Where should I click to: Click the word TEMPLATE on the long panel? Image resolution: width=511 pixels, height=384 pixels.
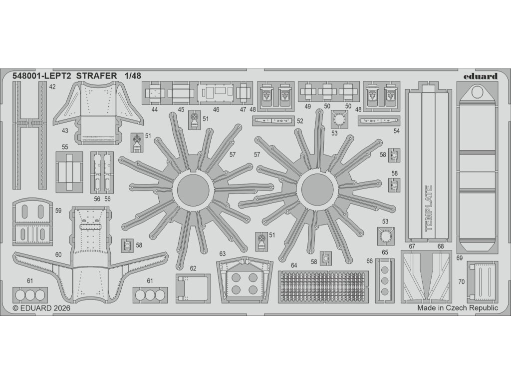pyautogui.click(x=428, y=208)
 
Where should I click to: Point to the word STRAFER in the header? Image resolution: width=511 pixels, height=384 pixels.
pyautogui.click(x=97, y=76)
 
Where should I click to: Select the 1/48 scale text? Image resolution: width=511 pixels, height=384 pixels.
pyautogui.click(x=134, y=76)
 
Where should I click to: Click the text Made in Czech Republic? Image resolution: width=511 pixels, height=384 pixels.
pyautogui.click(x=457, y=308)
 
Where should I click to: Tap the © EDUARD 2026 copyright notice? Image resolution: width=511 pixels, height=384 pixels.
pyautogui.click(x=41, y=308)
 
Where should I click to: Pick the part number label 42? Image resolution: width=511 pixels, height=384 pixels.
pyautogui.click(x=52, y=86)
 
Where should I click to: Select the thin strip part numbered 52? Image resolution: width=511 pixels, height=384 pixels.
pyautogui.click(x=274, y=120)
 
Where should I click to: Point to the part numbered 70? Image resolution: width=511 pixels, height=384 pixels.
pyautogui.click(x=481, y=281)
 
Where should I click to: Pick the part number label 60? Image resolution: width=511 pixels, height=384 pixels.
pyautogui.click(x=58, y=255)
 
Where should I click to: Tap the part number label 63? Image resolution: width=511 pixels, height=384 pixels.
pyautogui.click(x=223, y=254)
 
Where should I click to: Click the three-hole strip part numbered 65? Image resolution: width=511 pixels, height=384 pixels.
pyautogui.click(x=385, y=280)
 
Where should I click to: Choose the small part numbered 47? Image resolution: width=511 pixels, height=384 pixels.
pyautogui.click(x=243, y=92)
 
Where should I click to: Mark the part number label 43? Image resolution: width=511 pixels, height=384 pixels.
pyautogui.click(x=65, y=130)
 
